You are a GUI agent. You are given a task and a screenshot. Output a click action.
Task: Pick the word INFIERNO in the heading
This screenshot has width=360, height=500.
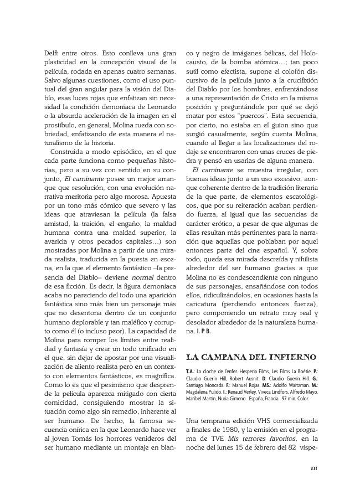click(291, 357)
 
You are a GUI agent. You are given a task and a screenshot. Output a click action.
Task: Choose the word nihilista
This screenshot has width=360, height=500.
click(304, 259)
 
